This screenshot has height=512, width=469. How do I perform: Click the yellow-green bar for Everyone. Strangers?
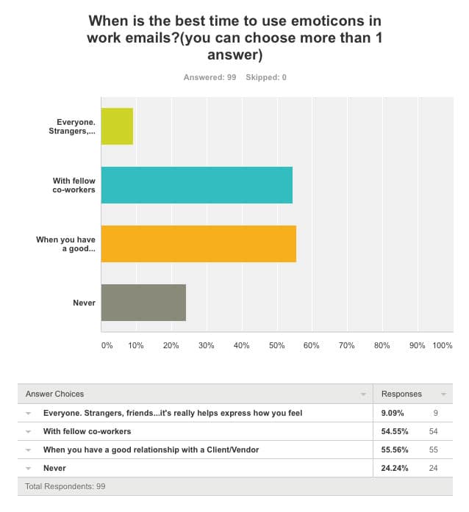click(x=117, y=126)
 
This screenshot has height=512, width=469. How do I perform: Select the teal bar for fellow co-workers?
click(x=196, y=184)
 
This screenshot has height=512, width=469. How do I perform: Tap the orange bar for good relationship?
click(x=198, y=243)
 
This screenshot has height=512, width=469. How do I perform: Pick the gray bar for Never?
click(x=143, y=302)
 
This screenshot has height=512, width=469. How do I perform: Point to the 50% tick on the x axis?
click(x=276, y=345)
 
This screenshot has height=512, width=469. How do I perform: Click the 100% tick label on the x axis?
click(x=443, y=345)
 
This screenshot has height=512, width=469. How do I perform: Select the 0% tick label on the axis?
click(x=107, y=345)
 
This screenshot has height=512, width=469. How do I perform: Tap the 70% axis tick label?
click(x=346, y=345)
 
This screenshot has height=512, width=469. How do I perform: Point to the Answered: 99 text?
click(x=210, y=77)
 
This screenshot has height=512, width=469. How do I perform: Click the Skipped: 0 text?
click(x=267, y=77)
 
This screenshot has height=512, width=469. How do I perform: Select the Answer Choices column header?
click(x=55, y=394)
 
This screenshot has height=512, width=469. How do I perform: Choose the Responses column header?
click(x=401, y=394)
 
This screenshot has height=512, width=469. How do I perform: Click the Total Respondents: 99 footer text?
click(x=65, y=486)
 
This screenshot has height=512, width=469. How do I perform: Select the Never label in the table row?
click(x=54, y=468)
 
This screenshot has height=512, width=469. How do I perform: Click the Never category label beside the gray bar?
click(x=84, y=302)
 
